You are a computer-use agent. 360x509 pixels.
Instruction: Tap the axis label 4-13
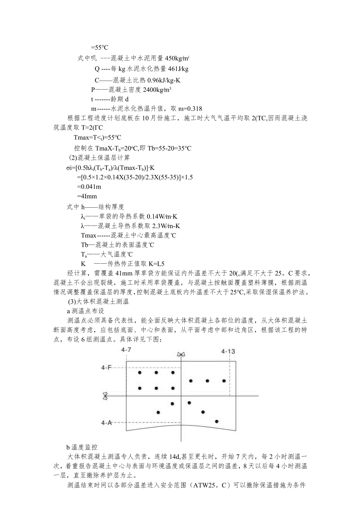(228, 351)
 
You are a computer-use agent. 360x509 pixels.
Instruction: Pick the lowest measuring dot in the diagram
(216, 421)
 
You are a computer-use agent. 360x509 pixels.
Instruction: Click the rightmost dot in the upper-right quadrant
(224, 381)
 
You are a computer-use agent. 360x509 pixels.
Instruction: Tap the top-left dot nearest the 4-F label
(139, 373)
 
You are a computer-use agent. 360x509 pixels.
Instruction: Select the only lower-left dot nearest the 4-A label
(158, 412)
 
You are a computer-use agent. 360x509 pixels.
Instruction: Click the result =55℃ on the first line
(99, 48)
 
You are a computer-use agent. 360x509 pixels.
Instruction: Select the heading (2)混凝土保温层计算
(99, 158)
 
